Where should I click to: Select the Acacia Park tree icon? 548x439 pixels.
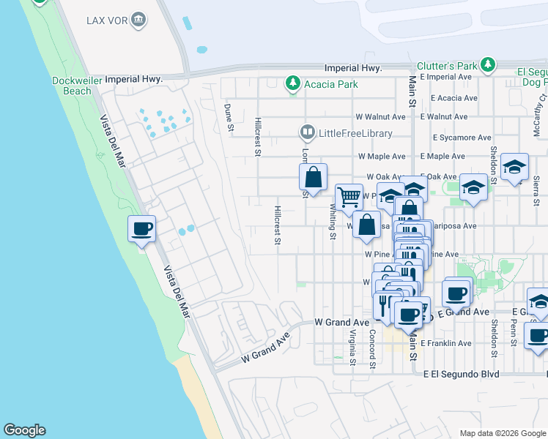tap(293, 83)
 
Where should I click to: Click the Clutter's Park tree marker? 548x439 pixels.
tap(488, 66)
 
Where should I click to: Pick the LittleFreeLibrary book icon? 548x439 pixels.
tap(307, 133)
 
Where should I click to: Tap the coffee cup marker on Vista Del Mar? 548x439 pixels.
tap(141, 230)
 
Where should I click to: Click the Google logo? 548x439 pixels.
tap(24, 430)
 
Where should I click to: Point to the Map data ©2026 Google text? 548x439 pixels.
tap(503, 433)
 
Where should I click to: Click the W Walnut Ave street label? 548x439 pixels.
tap(380, 116)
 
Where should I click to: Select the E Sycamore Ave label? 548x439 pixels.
tap(462, 137)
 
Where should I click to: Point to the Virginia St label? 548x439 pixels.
tap(352, 347)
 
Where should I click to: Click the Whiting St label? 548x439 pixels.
tap(332, 222)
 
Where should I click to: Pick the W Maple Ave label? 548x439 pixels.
tap(381, 157)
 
